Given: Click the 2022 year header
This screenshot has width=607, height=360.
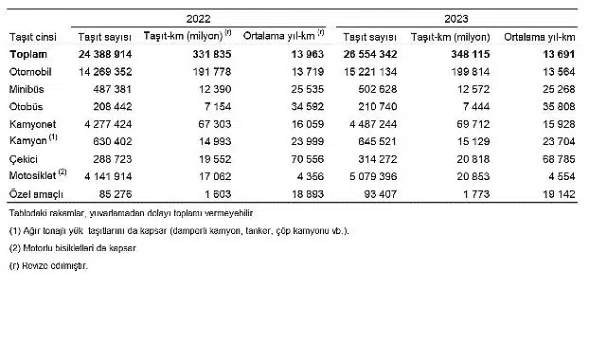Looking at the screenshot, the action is [x=198, y=18].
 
